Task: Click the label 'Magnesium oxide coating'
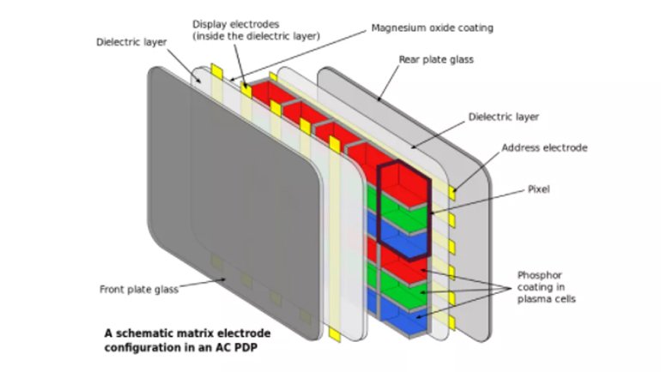[432, 28]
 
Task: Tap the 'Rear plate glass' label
[436, 60]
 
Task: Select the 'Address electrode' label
[544, 147]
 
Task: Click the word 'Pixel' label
[537, 189]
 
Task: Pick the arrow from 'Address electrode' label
[477, 171]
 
